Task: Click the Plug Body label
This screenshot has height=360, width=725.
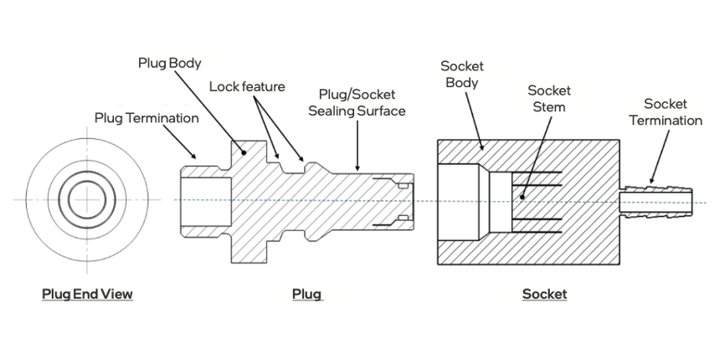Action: [170, 64]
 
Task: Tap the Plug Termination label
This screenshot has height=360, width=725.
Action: [147, 118]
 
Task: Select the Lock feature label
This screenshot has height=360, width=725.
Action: [247, 86]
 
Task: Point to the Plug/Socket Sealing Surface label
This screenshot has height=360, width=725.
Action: [357, 103]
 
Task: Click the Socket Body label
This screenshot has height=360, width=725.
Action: [461, 75]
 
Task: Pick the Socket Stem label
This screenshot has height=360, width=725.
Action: [549, 99]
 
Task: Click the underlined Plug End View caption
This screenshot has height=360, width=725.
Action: [87, 294]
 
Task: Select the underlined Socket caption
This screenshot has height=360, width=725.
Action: [544, 294]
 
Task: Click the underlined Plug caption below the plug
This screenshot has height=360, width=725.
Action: [306, 294]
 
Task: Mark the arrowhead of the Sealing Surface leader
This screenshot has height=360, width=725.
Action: [357, 169]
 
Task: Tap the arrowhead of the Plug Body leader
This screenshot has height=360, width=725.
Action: [244, 153]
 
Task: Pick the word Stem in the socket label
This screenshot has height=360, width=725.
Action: [549, 107]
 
